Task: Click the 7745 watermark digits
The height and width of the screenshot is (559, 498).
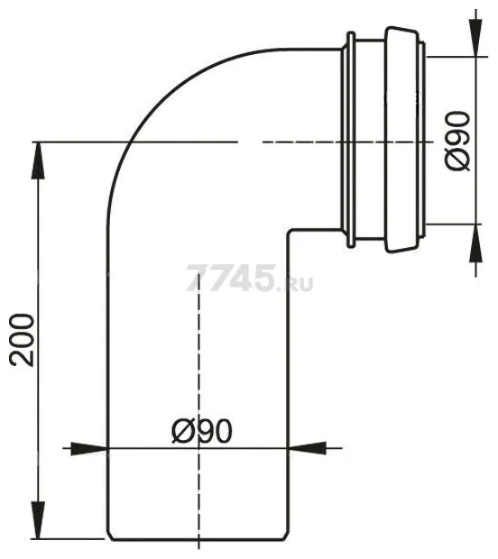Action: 229,279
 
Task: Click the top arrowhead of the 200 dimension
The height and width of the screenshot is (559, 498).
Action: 37,155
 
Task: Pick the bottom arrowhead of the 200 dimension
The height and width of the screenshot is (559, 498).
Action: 37,527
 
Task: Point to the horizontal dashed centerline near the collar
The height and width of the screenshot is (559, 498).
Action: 298,142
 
